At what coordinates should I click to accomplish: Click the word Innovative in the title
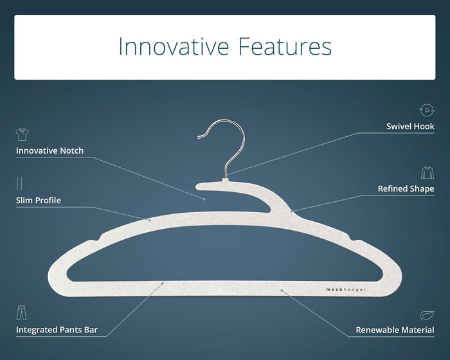point(174,46)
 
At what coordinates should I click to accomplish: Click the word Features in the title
point(285,46)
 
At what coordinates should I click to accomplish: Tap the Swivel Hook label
point(410,126)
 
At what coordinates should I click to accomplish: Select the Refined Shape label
point(406,188)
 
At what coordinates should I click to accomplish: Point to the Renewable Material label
point(395,330)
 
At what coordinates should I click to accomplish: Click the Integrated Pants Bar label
point(57,330)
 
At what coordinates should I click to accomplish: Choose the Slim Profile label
point(39,200)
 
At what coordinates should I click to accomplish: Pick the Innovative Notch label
point(50,150)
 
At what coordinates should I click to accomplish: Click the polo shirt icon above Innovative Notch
point(22,134)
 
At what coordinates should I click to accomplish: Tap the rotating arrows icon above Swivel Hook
point(427,110)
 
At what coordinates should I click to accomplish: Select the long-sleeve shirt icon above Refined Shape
point(428,172)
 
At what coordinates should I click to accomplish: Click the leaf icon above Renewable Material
point(427,315)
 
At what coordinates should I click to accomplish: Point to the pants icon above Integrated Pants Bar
point(21,312)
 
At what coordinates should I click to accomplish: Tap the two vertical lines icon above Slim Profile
point(19,183)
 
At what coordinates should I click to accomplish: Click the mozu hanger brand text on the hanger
point(346,290)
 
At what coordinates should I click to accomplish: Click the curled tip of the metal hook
point(199,137)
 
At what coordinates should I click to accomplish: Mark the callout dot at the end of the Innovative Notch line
point(204,199)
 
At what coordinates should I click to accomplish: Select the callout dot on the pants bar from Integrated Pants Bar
point(163,283)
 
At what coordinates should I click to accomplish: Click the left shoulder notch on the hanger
point(96,238)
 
